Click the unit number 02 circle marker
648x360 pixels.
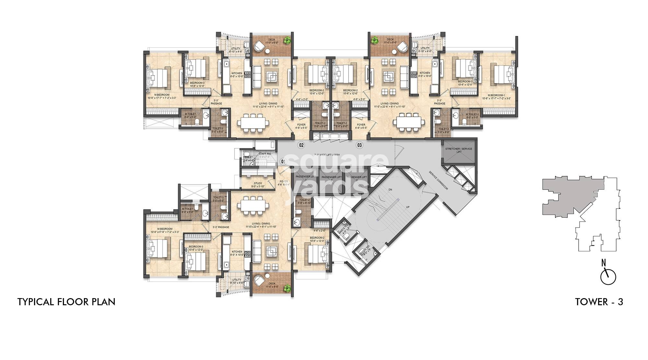coord(301,145)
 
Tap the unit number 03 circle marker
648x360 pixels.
coord(359,145)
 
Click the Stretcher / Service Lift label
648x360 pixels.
coord(459,150)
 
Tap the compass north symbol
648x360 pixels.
coord(608,276)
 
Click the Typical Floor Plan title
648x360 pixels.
coord(66,302)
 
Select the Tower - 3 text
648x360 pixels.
coord(599,302)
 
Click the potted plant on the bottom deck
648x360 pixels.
coord(286,287)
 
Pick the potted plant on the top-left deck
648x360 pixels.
coord(286,40)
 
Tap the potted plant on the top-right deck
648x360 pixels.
coord(375,40)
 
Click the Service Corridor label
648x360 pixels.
coord(438,180)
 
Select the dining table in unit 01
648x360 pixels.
coord(253,205)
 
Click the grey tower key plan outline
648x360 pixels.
coord(570,196)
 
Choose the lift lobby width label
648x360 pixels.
coord(327,155)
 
